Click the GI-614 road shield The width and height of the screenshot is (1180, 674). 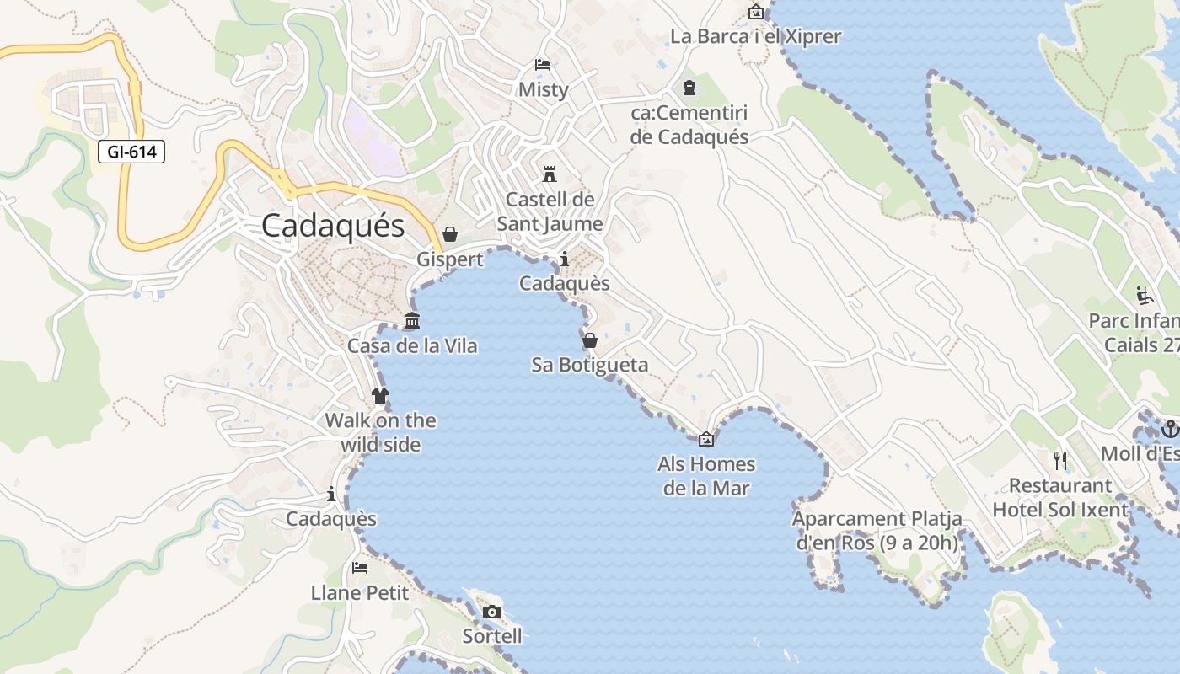131,152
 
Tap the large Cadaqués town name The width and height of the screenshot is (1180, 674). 333,226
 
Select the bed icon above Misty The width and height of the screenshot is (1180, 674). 543,65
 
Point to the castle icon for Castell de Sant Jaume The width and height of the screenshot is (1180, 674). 550,174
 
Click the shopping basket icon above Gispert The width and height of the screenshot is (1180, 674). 450,233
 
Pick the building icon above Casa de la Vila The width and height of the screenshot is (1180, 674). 412,321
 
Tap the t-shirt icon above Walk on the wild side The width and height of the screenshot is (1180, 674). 380,395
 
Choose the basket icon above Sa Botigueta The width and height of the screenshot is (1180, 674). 590,340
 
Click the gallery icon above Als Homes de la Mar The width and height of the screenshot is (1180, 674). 706,439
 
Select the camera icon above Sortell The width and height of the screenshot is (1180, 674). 492,612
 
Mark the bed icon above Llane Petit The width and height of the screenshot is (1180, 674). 360,568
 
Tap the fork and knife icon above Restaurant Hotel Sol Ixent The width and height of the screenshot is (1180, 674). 1060,461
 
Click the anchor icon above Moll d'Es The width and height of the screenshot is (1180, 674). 1169,429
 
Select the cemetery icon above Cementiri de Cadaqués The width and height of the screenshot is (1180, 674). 689,88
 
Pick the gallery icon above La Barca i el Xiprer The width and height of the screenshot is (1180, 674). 756,13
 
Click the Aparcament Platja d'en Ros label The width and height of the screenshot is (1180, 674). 877,531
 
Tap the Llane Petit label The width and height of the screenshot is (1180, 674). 360,593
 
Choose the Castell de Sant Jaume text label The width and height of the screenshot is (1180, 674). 550,211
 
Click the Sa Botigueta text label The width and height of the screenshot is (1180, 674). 590,365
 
